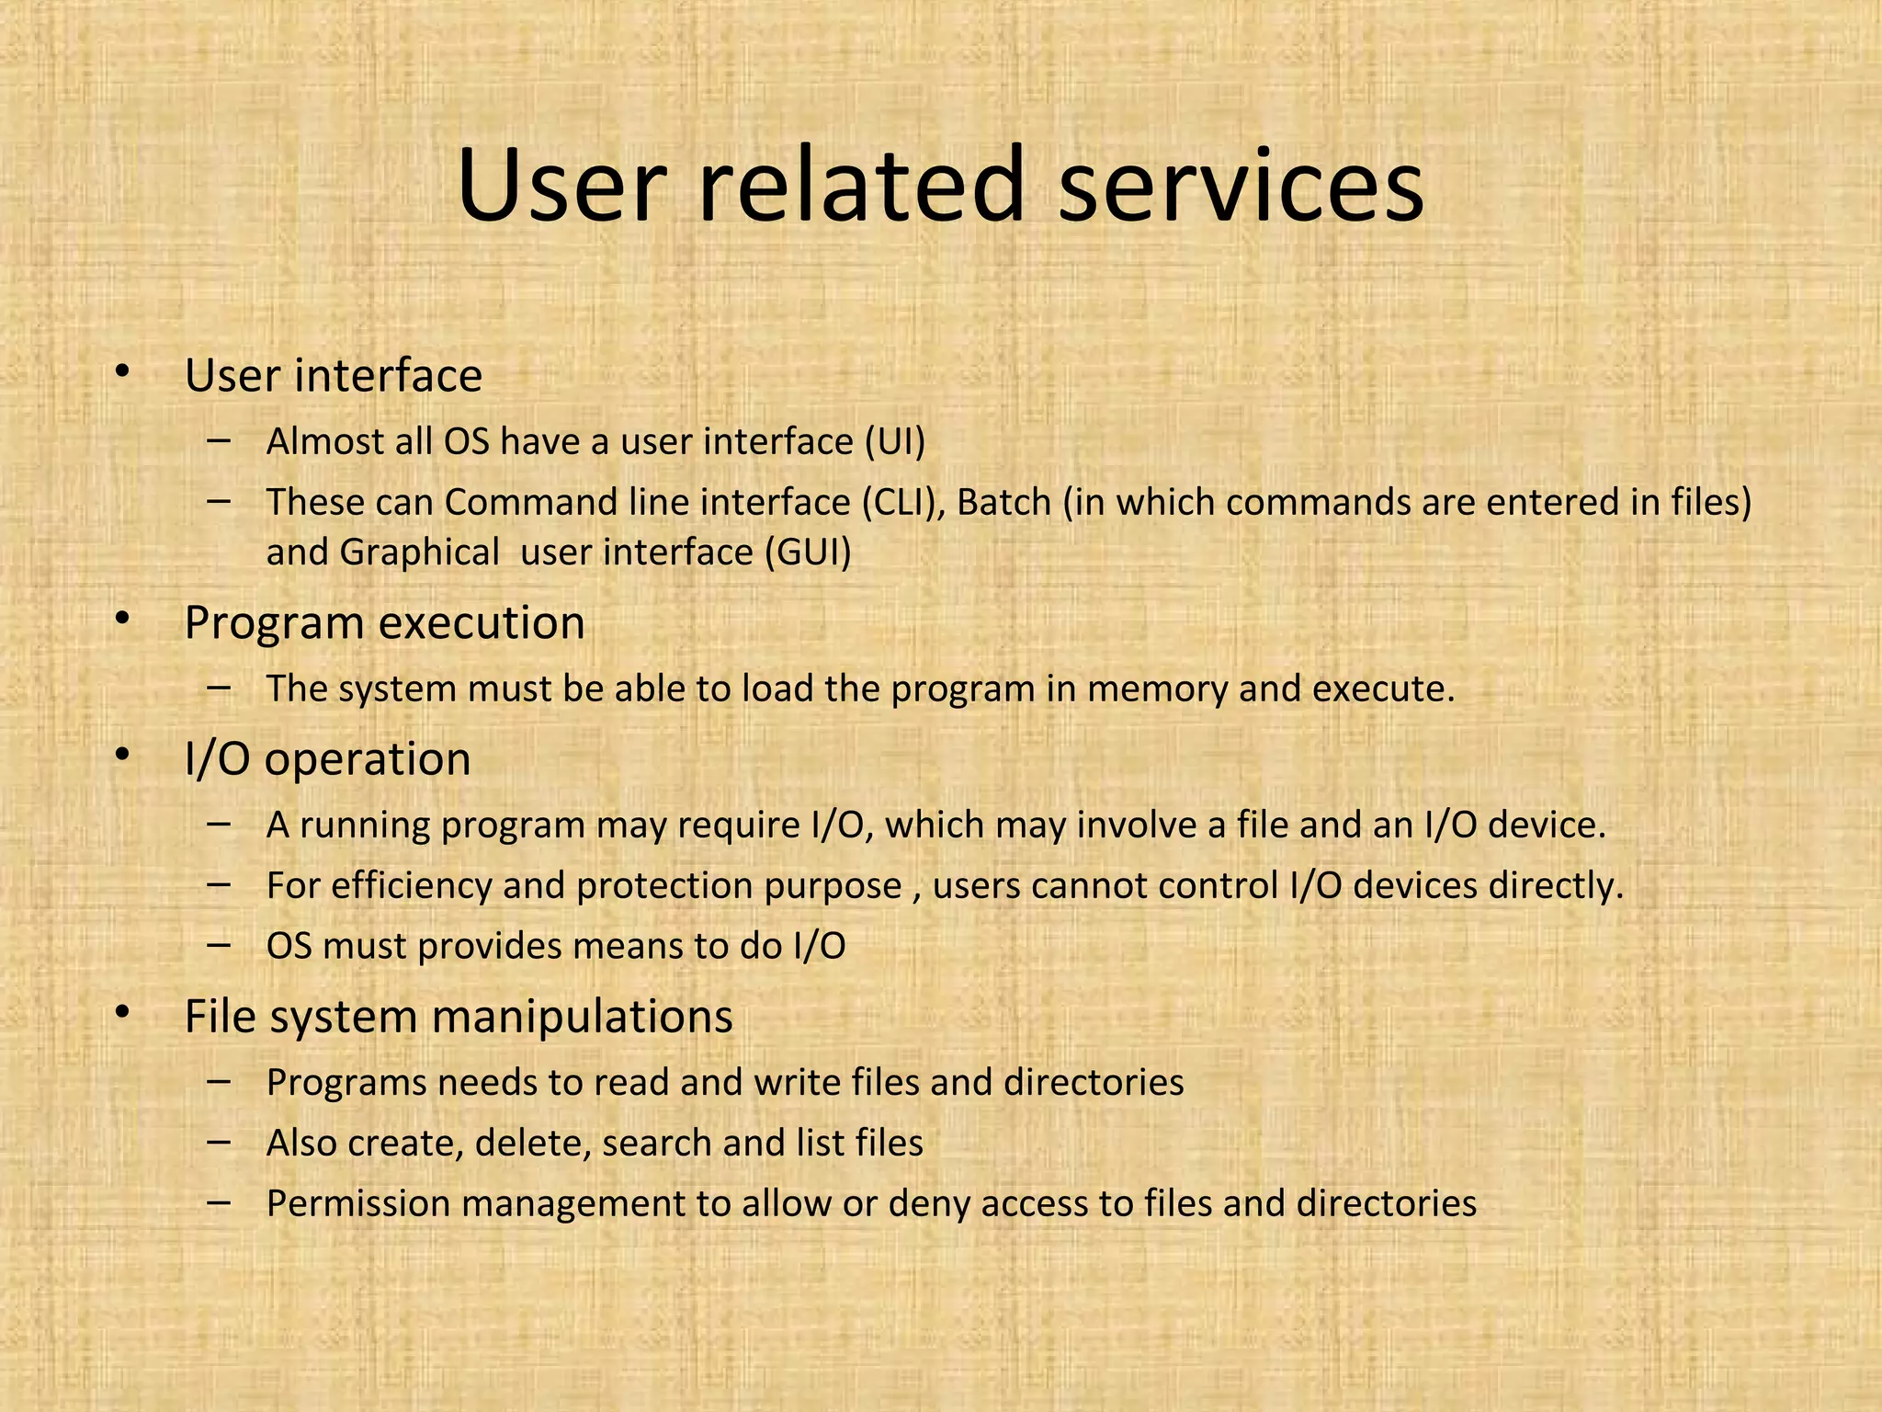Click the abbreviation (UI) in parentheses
[x=894, y=442]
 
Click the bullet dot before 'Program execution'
[x=122, y=619]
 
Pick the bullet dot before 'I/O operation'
[x=122, y=755]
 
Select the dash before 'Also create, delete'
[x=219, y=1142]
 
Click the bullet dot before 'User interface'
[x=122, y=371]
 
